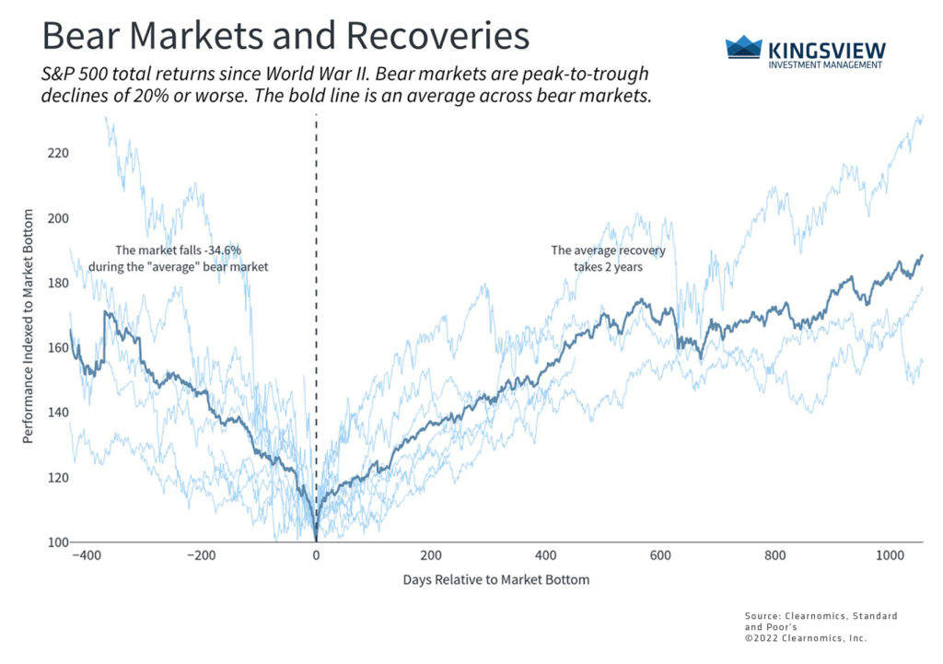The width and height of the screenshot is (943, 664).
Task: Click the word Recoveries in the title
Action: point(438,36)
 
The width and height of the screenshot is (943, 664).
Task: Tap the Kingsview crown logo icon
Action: point(744,48)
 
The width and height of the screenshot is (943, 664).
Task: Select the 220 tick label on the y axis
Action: point(58,153)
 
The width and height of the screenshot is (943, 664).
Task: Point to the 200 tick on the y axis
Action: point(58,218)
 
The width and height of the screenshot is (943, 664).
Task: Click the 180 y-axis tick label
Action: point(58,283)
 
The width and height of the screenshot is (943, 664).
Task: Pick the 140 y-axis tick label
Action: point(58,413)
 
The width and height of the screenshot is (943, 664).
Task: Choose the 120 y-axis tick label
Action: point(58,477)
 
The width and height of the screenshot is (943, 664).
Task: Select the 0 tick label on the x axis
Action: point(316,556)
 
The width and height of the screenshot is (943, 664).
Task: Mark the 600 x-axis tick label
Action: point(659,556)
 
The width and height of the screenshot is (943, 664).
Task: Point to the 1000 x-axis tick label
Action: point(889,556)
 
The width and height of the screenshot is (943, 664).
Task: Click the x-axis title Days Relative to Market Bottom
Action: point(495,580)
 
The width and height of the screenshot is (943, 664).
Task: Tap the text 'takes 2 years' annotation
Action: point(609,266)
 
